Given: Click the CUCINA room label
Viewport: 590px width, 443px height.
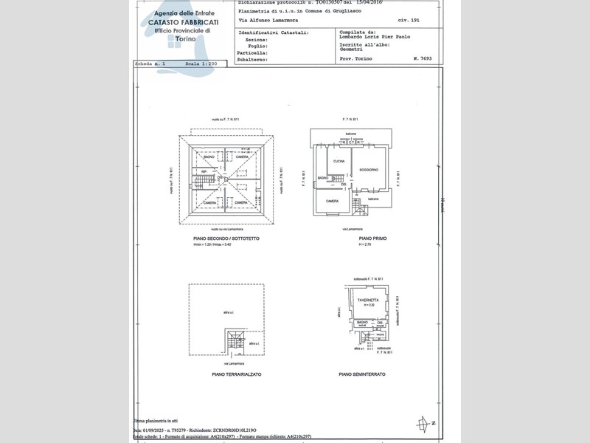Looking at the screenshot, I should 339,161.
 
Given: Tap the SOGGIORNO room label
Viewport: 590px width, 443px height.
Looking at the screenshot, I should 369,171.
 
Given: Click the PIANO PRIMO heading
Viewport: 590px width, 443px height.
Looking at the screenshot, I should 369,239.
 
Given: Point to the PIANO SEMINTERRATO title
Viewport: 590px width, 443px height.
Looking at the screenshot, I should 362,374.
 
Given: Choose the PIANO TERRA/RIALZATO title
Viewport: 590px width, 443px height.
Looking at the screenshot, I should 237,374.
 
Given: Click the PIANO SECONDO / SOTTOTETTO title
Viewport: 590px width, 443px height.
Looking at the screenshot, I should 226,239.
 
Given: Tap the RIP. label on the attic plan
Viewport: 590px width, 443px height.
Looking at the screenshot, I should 204,172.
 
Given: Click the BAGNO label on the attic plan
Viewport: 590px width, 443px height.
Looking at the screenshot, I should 209,157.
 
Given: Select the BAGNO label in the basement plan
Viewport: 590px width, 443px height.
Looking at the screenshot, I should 362,323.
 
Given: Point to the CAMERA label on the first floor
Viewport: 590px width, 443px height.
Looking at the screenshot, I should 333,201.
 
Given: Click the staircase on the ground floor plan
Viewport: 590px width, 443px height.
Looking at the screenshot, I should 235,341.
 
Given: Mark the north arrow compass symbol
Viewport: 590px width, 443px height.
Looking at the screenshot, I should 423,424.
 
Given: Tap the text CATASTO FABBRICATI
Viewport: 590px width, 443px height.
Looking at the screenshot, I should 178,23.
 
